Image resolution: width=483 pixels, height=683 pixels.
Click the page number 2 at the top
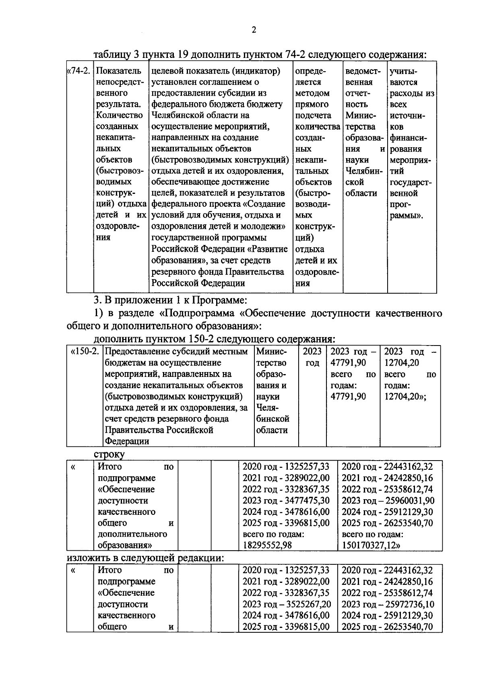(254, 30)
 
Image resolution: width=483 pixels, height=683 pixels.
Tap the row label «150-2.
(85, 352)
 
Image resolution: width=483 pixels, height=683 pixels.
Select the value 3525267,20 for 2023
(308, 604)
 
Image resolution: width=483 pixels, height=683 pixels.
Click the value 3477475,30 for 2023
(308, 501)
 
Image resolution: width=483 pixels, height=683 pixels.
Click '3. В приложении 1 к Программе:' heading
(170, 300)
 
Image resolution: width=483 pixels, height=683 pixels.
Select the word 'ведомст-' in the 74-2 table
(363, 71)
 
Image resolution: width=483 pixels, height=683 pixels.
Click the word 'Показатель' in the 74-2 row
(119, 71)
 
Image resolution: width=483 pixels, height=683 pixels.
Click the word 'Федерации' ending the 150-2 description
(127, 441)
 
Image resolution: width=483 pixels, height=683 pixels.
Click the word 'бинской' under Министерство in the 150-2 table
(272, 419)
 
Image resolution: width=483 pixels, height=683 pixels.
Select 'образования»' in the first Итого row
(125, 545)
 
